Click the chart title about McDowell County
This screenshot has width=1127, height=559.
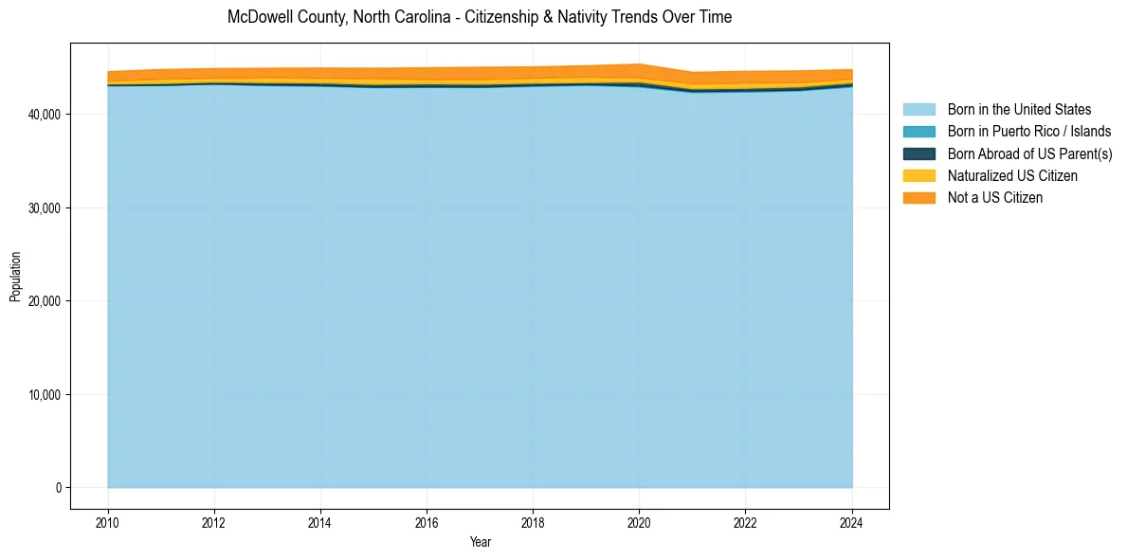(480, 17)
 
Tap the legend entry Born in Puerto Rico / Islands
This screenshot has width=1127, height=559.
(1029, 132)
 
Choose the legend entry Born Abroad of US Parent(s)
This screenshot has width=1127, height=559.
(1029, 153)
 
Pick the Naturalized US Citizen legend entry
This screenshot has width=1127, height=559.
(1012, 175)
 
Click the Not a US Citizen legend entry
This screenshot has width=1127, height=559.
(995, 197)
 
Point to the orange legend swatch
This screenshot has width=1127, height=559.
(918, 197)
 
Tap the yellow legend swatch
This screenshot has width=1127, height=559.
(918, 175)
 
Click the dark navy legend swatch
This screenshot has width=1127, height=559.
(918, 153)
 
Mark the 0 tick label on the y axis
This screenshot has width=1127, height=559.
(57, 488)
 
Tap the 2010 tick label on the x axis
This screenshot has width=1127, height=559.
(108, 522)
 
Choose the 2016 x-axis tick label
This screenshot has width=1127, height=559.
(427, 522)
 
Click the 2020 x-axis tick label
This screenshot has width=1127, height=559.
(639, 522)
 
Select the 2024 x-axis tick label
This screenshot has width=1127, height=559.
(852, 522)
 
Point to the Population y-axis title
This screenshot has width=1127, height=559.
(15, 277)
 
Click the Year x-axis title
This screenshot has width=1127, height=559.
(480, 542)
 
